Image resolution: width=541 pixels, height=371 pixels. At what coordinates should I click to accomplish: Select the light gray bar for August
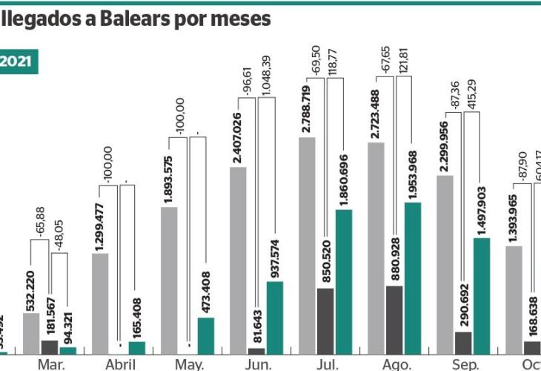pyautogui.click(x=376, y=245)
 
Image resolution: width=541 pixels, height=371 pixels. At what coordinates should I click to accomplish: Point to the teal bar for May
pyautogui.click(x=205, y=333)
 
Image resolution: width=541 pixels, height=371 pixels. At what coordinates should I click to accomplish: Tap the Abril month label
pyautogui.click(x=119, y=364)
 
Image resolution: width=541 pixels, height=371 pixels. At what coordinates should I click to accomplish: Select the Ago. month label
pyautogui.click(x=396, y=364)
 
